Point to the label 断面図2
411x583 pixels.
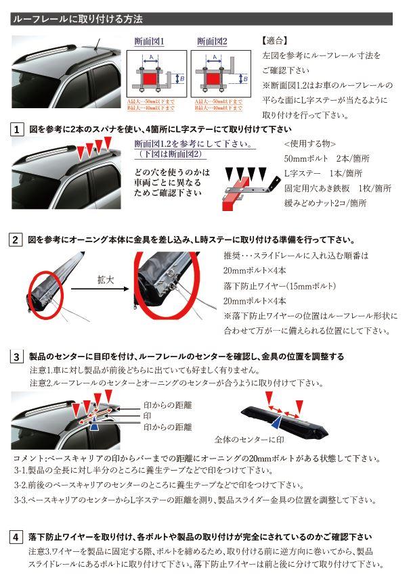click(x=211, y=40)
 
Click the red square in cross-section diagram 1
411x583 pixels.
click(x=150, y=80)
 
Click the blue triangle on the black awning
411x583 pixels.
click(x=277, y=421)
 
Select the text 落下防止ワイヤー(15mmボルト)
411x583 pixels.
click(x=281, y=287)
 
